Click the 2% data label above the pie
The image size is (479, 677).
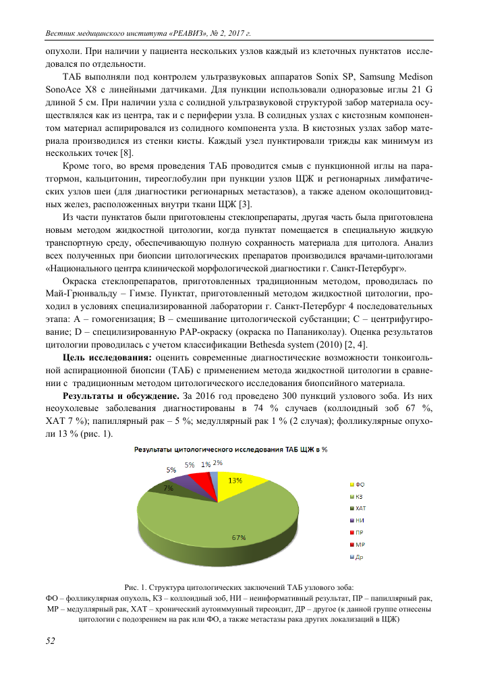tap(218, 463)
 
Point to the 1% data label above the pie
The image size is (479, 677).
tap(205, 464)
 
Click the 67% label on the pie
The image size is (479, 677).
tap(238, 537)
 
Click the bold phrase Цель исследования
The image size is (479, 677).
tap(107, 358)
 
